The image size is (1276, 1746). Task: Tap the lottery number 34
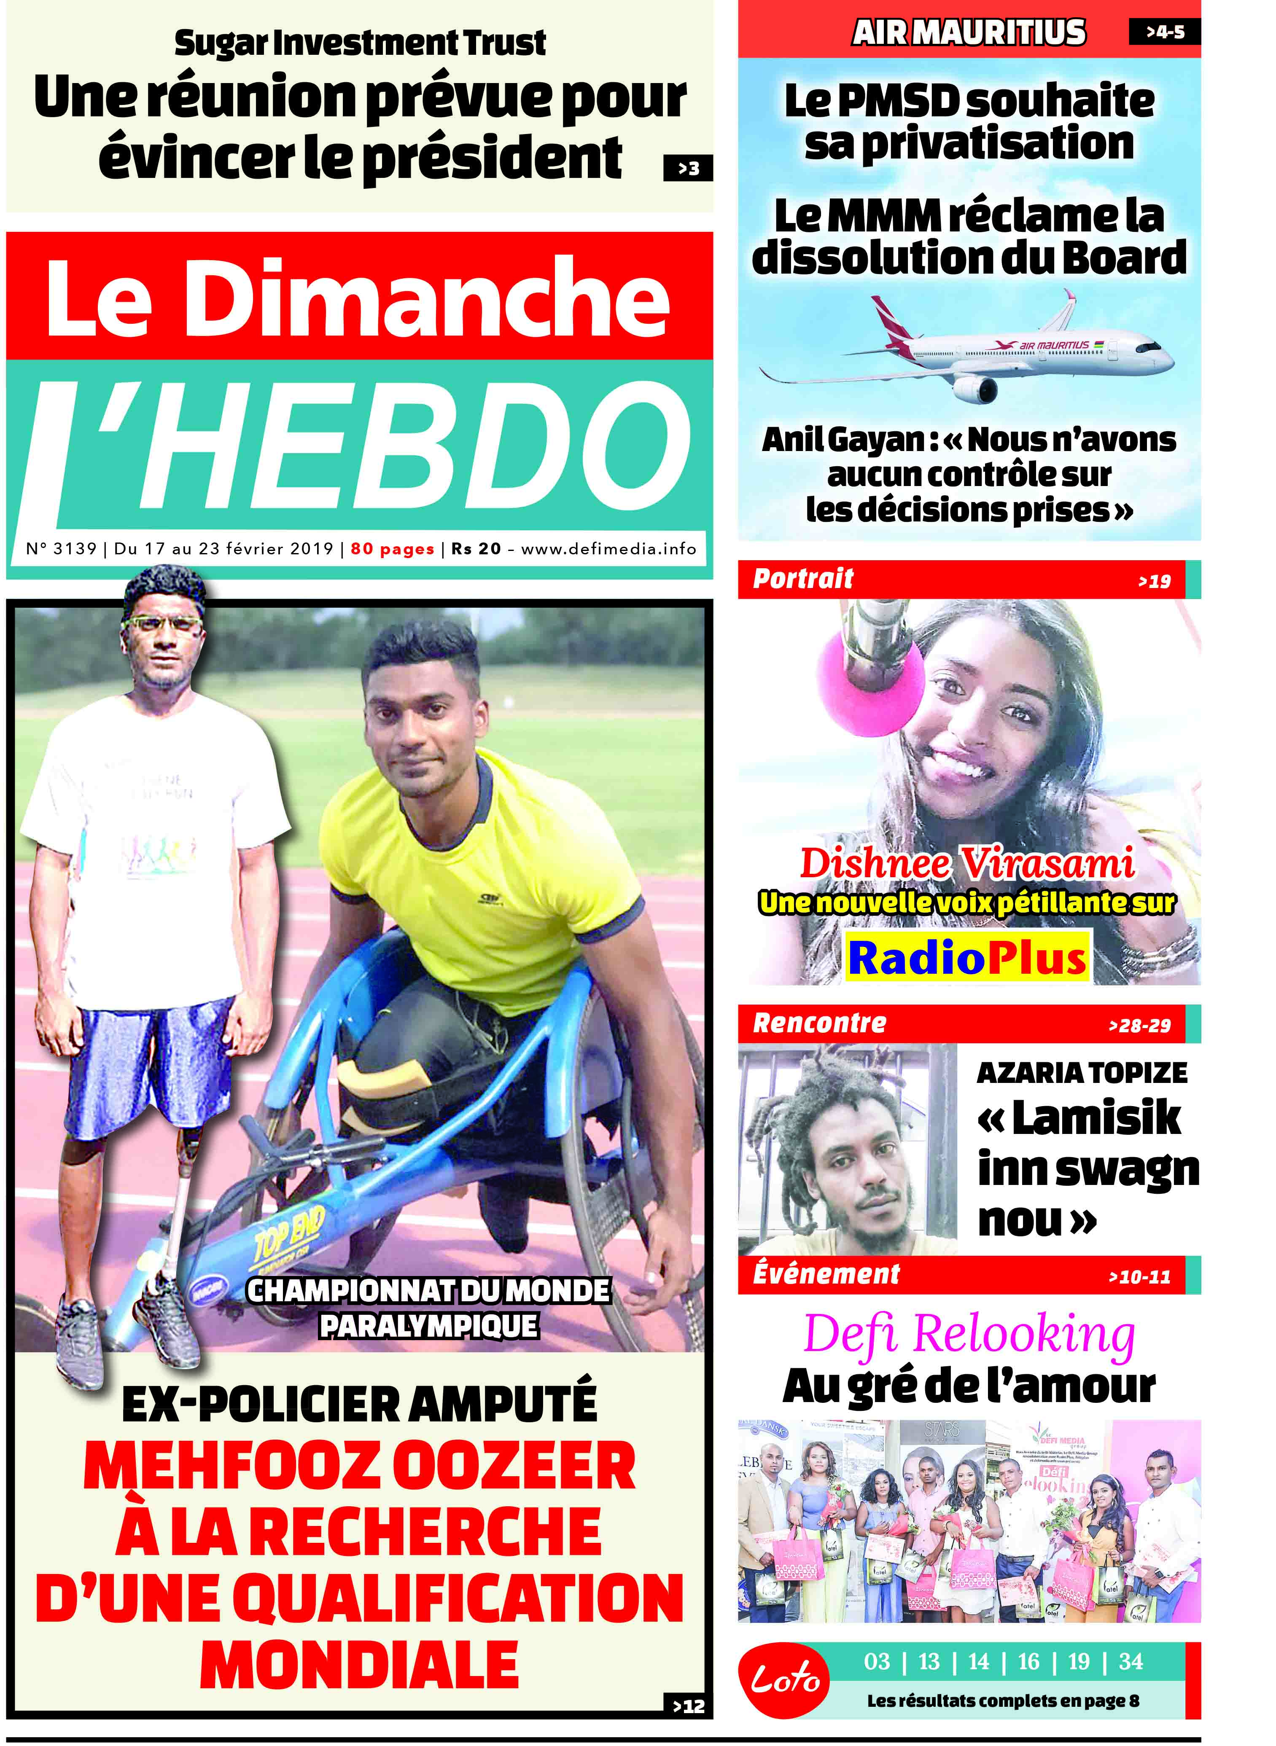click(x=1130, y=1661)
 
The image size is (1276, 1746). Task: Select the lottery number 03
click(x=877, y=1661)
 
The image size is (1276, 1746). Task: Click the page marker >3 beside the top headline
click(x=687, y=168)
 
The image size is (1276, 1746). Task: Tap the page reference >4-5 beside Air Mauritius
click(x=1165, y=32)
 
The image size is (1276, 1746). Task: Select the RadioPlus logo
click(x=967, y=958)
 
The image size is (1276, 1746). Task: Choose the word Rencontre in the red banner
click(x=819, y=1023)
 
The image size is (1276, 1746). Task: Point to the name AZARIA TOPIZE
click(x=1081, y=1073)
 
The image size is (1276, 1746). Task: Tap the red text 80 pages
click(x=393, y=549)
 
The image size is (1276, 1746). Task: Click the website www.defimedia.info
click(x=608, y=549)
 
